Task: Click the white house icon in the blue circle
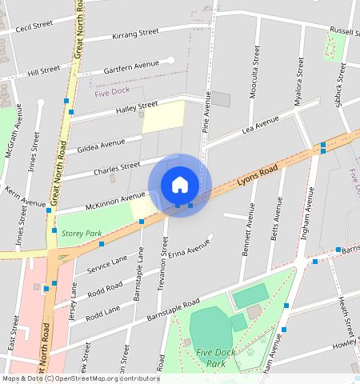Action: click(x=180, y=185)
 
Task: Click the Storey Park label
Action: click(x=82, y=234)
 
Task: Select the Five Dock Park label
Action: click(x=215, y=358)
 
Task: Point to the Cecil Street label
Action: click(x=34, y=25)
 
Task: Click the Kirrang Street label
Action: click(x=135, y=34)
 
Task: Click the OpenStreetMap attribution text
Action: click(x=80, y=378)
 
